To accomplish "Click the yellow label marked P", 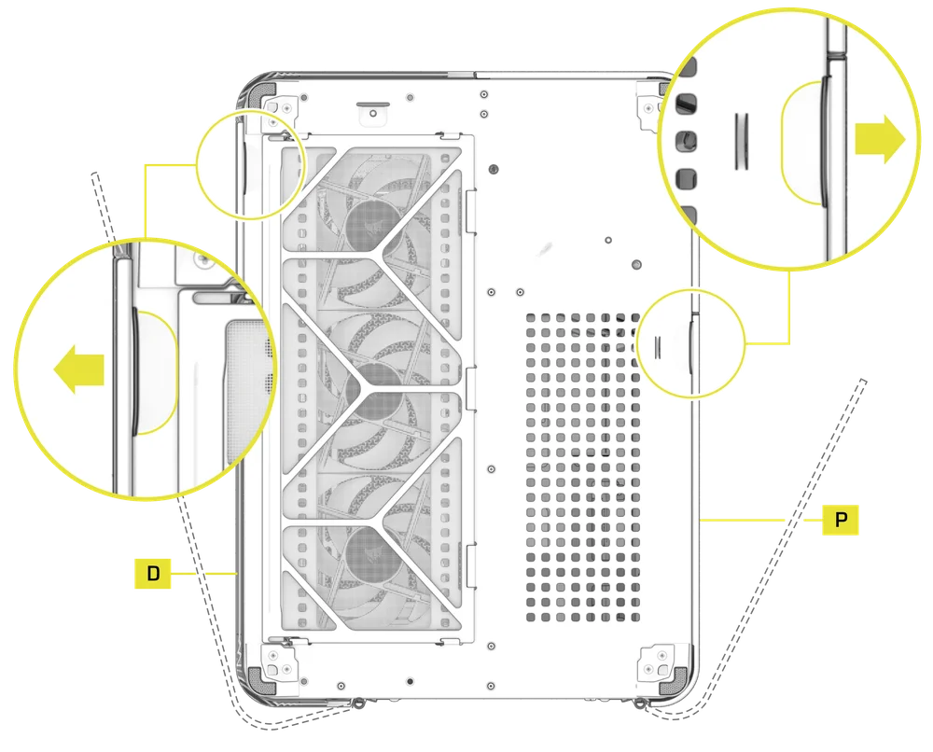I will pos(842,520).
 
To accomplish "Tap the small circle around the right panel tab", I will pos(688,342).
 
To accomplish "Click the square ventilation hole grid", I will pos(582,467).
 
